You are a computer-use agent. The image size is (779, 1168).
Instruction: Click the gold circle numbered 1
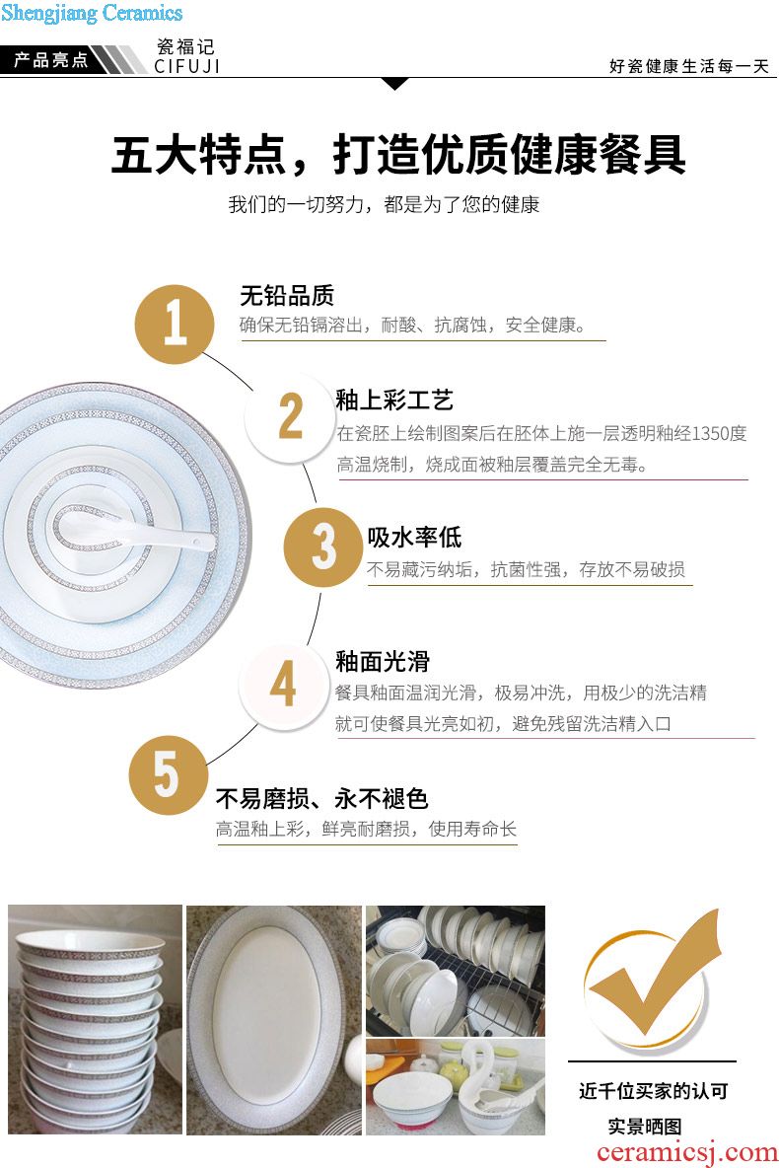(x=175, y=324)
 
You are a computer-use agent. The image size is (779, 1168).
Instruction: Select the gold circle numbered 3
(x=323, y=547)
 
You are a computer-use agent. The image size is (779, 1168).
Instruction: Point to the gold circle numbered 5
(x=169, y=774)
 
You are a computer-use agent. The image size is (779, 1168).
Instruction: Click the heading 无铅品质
(x=287, y=296)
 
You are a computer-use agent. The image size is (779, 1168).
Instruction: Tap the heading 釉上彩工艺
(x=394, y=400)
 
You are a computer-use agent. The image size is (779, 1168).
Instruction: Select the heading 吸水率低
(x=414, y=537)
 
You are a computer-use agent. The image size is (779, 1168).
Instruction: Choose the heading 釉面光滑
(x=382, y=661)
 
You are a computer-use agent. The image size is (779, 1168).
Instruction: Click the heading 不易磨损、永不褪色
(x=321, y=798)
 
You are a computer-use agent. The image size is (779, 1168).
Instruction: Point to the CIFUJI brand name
(x=187, y=66)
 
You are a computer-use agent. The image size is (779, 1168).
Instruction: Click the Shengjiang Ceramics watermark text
(x=92, y=13)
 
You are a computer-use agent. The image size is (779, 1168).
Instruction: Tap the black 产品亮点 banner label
(x=50, y=59)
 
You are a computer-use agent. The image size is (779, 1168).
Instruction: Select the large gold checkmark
(x=653, y=977)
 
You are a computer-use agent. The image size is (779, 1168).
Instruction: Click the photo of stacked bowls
(x=95, y=1019)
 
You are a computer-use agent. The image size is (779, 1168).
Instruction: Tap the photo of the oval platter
(x=273, y=1020)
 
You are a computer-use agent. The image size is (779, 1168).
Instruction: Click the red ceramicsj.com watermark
(x=686, y=1151)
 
